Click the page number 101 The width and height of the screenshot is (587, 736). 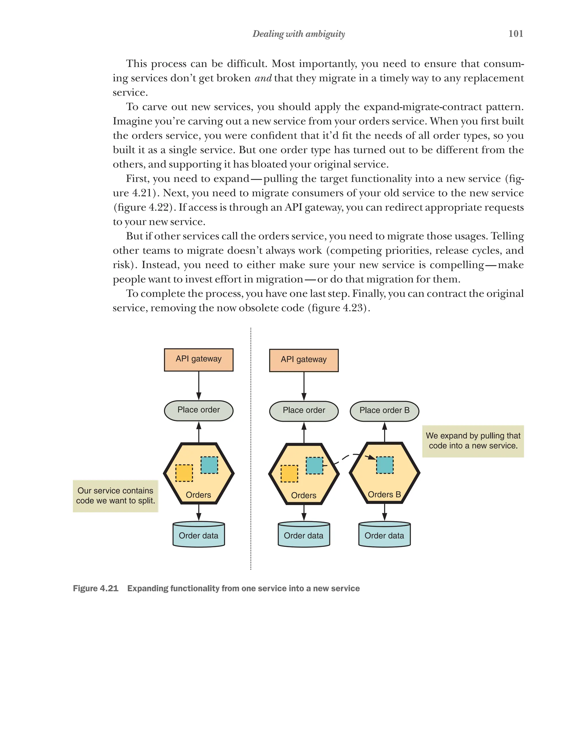[515, 34]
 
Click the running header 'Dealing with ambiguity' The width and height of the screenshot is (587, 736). [298, 34]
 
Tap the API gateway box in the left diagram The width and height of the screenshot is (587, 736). [198, 360]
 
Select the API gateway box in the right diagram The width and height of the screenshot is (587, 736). [304, 360]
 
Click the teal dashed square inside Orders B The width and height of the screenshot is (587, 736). [385, 465]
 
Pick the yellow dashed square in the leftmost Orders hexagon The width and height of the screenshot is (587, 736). [184, 473]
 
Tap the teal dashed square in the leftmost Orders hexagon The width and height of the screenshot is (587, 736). [209, 465]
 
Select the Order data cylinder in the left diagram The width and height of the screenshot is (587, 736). [198, 535]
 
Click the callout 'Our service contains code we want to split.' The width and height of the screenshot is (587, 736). [116, 496]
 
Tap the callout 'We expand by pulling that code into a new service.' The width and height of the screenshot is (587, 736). [473, 441]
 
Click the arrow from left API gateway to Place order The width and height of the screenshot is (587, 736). [199, 386]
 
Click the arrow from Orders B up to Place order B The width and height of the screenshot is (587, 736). [385, 432]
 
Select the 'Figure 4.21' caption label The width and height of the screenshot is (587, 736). [96, 588]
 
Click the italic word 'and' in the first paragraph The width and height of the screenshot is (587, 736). [263, 78]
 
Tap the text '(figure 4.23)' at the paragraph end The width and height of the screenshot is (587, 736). [339, 308]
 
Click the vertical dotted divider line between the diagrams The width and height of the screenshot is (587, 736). [251, 444]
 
